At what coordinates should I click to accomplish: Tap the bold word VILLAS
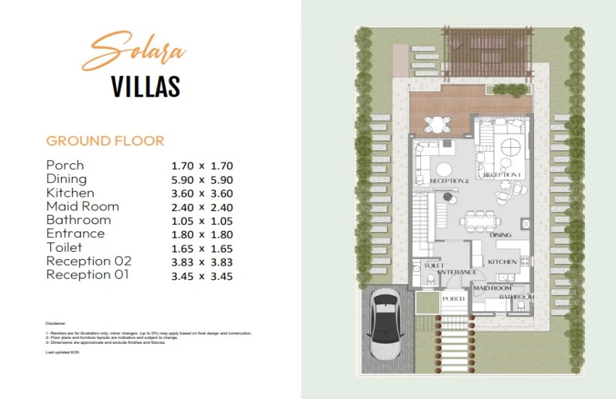coord(146,86)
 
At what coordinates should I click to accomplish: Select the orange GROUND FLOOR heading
coord(105,141)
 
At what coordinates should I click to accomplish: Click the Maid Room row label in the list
coord(82,207)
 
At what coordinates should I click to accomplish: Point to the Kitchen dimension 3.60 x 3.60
coord(201,194)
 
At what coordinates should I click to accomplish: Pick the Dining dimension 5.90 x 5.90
coord(201,180)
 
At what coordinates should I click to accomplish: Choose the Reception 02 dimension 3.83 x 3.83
coord(201,262)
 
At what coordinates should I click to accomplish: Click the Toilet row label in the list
coord(64,248)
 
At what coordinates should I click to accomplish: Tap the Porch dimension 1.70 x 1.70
coord(201,166)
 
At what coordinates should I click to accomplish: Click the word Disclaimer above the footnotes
coord(55,323)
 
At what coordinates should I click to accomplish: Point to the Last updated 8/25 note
coord(62,352)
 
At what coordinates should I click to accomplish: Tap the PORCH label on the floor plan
coord(453,299)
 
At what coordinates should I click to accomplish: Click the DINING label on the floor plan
coord(500,235)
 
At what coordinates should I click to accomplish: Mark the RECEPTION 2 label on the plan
coord(449,181)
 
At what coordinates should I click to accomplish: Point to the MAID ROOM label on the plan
coord(492,288)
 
